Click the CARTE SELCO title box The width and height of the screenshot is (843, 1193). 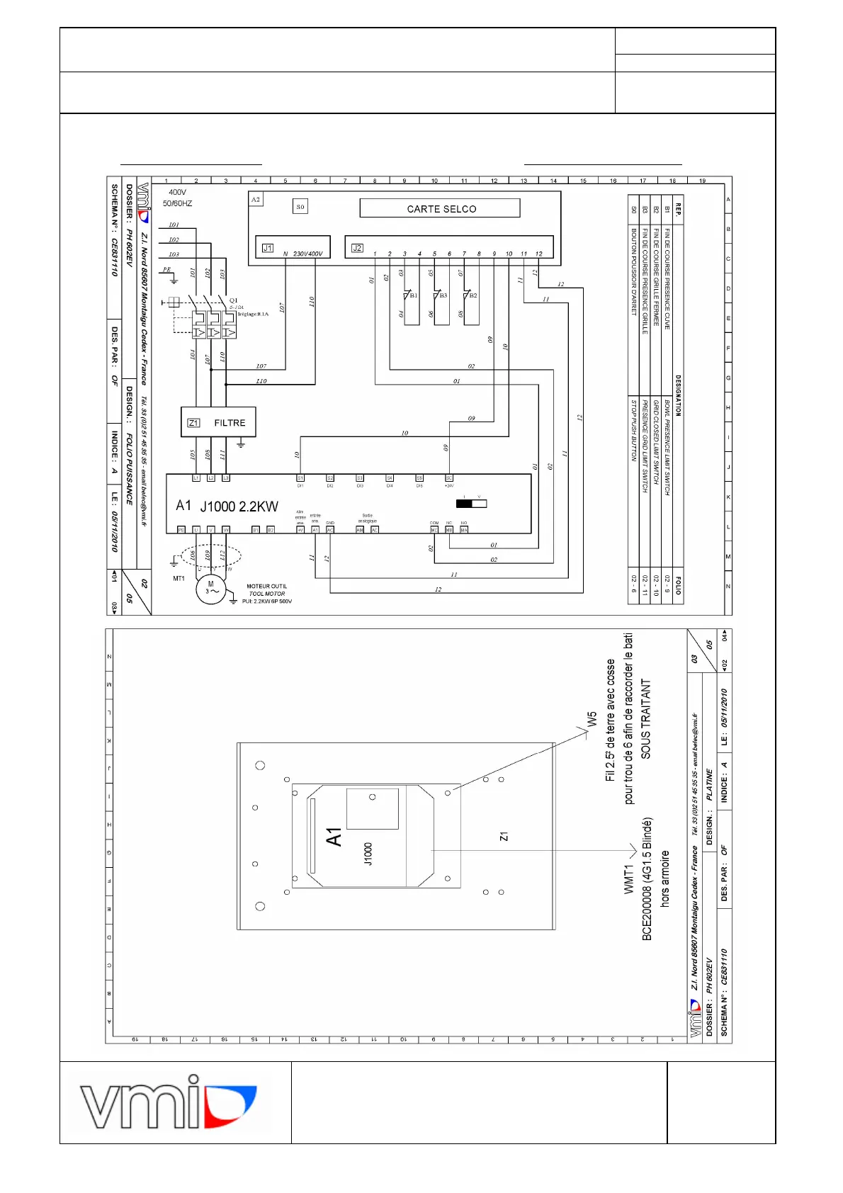click(440, 208)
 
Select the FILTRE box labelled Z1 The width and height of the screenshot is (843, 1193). click(218, 422)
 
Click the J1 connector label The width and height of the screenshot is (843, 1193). click(268, 248)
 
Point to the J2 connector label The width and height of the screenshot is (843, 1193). click(358, 248)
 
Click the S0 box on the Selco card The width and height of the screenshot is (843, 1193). click(300, 207)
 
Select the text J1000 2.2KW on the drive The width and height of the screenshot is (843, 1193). click(239, 507)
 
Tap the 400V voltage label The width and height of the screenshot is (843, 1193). click(177, 192)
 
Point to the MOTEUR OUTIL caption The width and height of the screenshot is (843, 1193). click(266, 586)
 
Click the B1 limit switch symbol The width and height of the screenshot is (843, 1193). click(409, 295)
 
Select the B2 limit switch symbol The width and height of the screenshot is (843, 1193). click(468, 295)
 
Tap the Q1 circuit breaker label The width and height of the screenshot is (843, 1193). click(234, 300)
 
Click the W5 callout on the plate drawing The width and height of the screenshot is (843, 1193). click(592, 720)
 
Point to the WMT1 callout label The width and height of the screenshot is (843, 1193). click(628, 878)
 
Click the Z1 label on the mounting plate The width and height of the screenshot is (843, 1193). click(504, 837)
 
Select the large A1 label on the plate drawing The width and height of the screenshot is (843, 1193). click(334, 837)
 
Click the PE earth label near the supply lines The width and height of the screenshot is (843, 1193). click(166, 269)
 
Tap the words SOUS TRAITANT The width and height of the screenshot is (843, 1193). click(645, 719)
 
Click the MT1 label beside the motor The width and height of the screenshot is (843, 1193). click(179, 579)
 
